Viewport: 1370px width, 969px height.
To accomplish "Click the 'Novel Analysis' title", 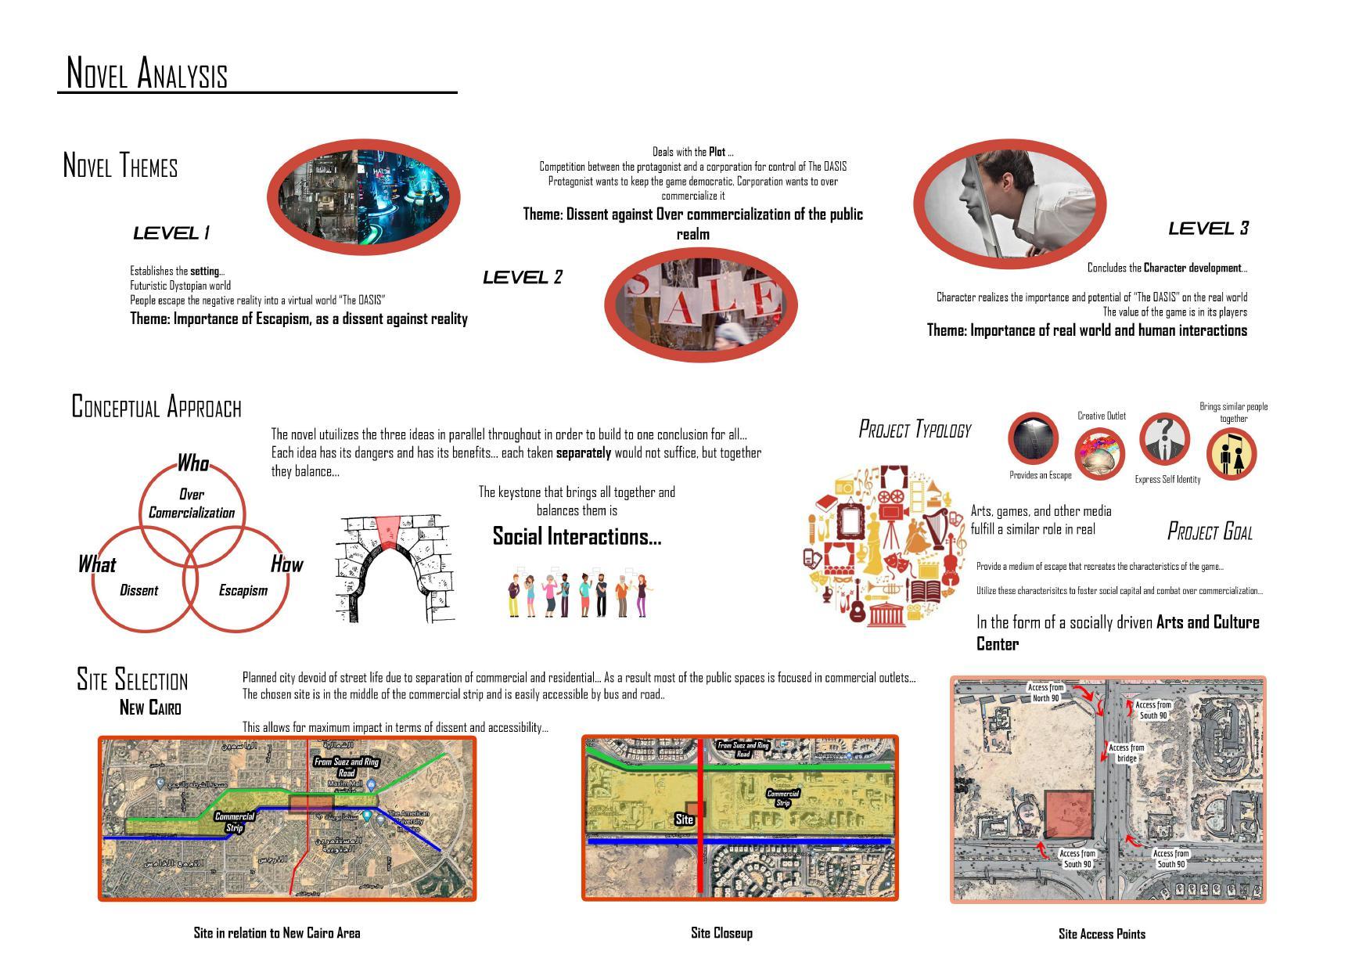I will point(147,73).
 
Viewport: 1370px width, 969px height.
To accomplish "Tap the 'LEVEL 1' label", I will point(171,232).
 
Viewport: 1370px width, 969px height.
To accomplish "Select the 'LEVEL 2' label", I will point(523,277).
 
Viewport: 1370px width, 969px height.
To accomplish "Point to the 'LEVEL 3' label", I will point(1208,229).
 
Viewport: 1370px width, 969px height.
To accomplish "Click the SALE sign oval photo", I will point(700,304).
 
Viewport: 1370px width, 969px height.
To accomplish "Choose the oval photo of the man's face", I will point(1009,203).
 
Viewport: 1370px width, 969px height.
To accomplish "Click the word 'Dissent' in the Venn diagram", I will point(138,590).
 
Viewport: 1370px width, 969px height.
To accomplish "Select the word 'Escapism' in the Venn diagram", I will point(243,590).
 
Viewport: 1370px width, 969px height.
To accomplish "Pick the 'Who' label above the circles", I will point(192,463).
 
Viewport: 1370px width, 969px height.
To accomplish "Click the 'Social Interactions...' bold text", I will point(577,536).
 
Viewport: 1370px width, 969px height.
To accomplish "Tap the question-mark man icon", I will point(1164,439).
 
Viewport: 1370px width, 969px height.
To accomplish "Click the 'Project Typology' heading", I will point(915,429).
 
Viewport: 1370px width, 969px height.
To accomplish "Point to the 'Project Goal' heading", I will point(1210,531).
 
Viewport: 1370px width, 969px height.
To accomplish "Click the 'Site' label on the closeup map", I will point(684,819).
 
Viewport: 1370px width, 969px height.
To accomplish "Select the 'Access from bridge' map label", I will point(1127,753).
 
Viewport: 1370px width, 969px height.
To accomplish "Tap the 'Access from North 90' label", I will point(1045,693).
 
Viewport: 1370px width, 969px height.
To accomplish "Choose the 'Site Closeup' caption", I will point(721,933).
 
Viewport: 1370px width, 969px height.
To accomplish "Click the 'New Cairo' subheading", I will point(150,708).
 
